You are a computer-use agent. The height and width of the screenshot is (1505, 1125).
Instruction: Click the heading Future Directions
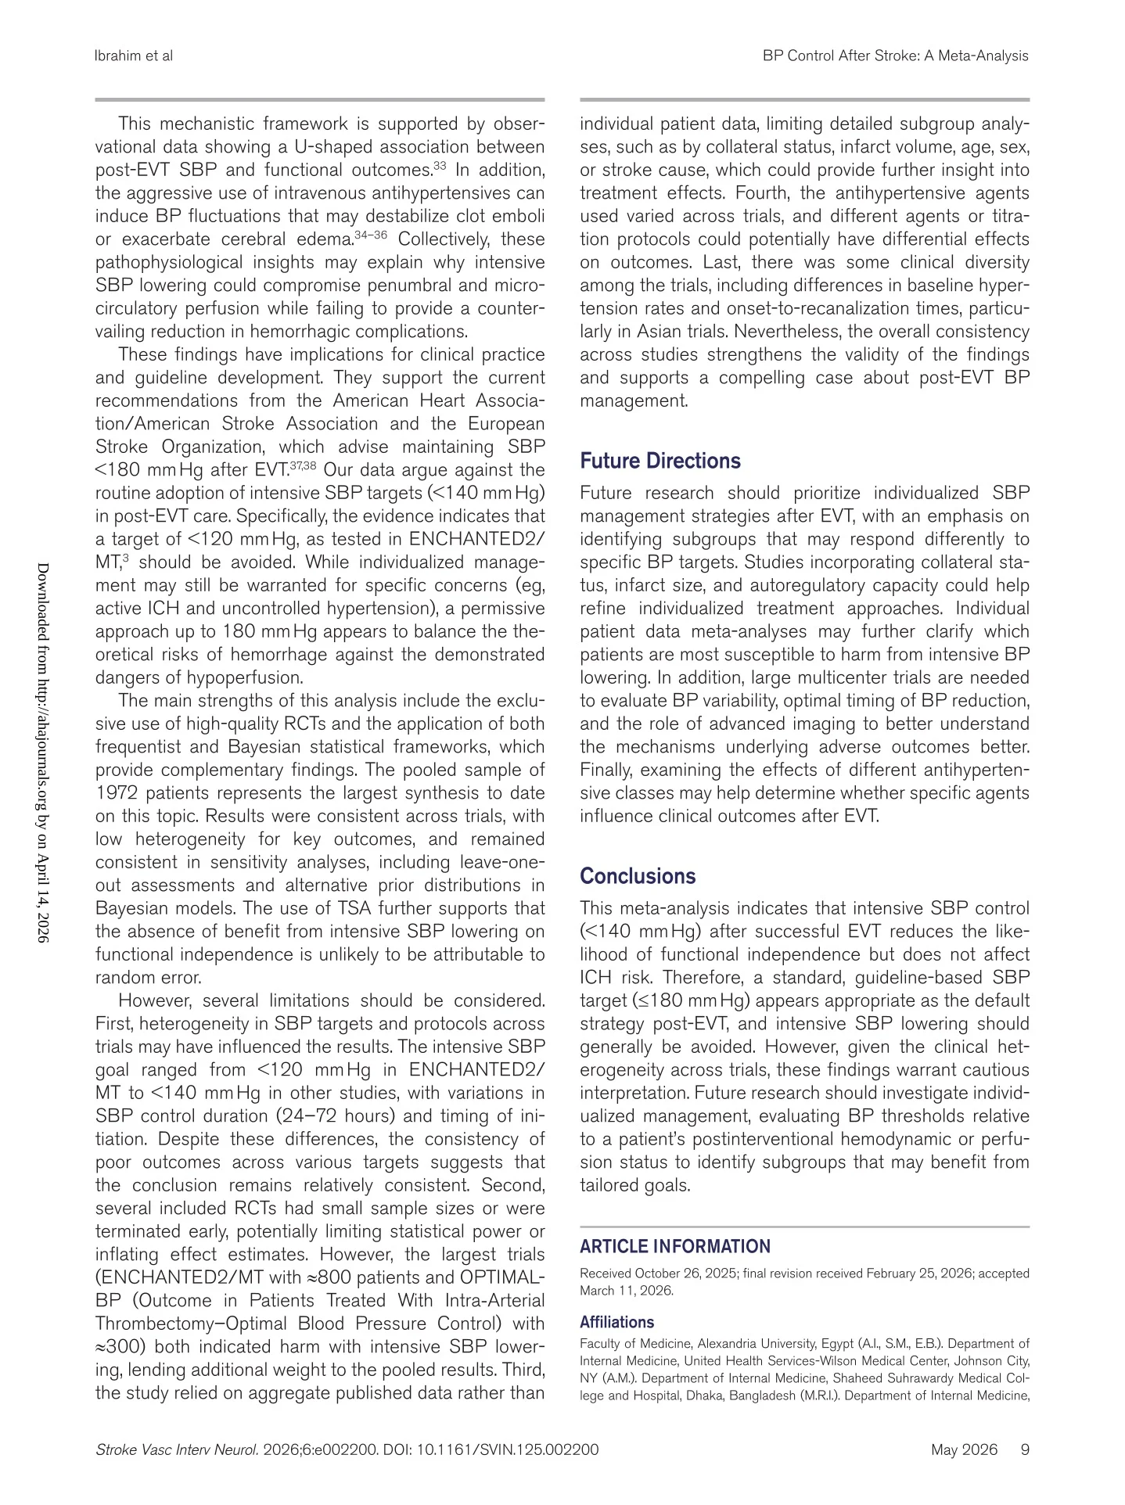660,461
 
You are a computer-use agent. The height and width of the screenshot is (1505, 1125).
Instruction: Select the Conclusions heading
638,876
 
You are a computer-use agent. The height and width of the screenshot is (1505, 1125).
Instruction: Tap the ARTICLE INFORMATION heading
675,1247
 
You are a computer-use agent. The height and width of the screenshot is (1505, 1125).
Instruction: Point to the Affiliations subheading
616,1322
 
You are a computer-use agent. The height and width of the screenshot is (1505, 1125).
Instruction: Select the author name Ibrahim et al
134,56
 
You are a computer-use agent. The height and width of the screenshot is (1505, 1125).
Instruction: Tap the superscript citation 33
440,166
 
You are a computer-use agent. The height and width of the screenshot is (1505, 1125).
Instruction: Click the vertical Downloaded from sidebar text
44,751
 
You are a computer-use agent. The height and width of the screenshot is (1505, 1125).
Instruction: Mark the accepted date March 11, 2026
627,1291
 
